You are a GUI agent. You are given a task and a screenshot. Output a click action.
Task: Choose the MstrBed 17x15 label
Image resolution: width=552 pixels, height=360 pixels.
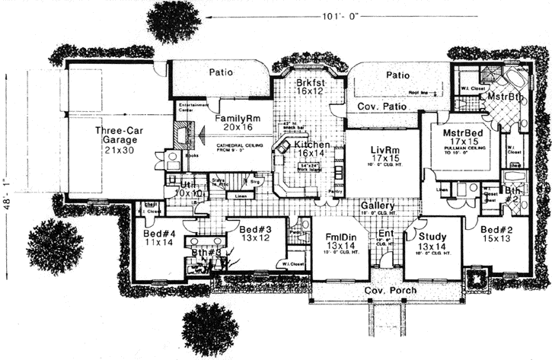point(464,137)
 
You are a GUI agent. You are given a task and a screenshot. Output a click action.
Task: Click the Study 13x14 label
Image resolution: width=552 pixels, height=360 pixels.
point(432,241)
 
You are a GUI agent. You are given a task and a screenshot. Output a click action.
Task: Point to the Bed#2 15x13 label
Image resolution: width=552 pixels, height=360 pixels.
point(496,234)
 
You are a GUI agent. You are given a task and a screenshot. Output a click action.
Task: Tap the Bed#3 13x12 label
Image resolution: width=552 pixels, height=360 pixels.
point(255,234)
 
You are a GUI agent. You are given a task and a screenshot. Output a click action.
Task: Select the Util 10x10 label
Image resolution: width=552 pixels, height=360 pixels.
point(187,189)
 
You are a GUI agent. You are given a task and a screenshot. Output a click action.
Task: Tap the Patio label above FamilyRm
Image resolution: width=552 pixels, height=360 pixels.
point(219,72)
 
